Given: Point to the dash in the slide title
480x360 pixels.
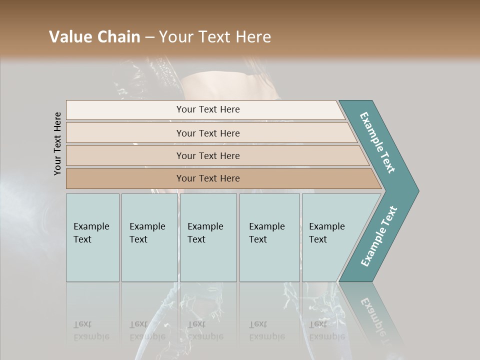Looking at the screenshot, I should (x=149, y=37).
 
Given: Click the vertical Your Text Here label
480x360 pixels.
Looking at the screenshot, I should (x=57, y=143).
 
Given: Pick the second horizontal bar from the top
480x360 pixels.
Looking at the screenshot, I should (x=208, y=133).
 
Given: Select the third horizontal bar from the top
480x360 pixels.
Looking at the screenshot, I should (x=208, y=155).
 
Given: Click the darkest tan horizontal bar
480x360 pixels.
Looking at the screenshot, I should (x=208, y=178).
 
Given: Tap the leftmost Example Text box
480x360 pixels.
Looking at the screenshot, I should (x=92, y=237).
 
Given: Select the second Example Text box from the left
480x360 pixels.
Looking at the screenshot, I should (x=149, y=237).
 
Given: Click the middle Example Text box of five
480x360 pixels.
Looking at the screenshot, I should (x=208, y=237).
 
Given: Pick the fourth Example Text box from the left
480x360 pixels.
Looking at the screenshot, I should (x=269, y=237).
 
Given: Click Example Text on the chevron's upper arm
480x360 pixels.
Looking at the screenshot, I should (x=377, y=142).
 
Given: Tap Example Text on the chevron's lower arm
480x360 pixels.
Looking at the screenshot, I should (x=379, y=236).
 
